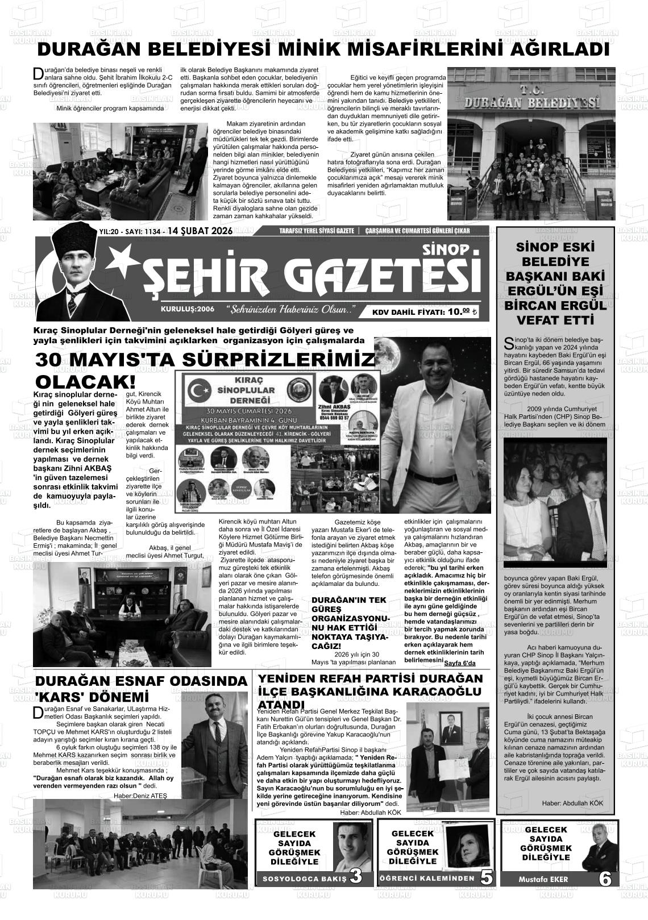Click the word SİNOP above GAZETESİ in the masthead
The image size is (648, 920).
point(446,250)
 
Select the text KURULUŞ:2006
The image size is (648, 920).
point(188,310)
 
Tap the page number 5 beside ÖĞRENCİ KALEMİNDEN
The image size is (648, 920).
point(486,877)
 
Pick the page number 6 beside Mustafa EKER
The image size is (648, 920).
point(605,879)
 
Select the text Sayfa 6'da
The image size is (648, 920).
point(459,663)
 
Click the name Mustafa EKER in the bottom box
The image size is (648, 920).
point(543,879)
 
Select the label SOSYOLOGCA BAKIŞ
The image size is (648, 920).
point(304,879)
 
